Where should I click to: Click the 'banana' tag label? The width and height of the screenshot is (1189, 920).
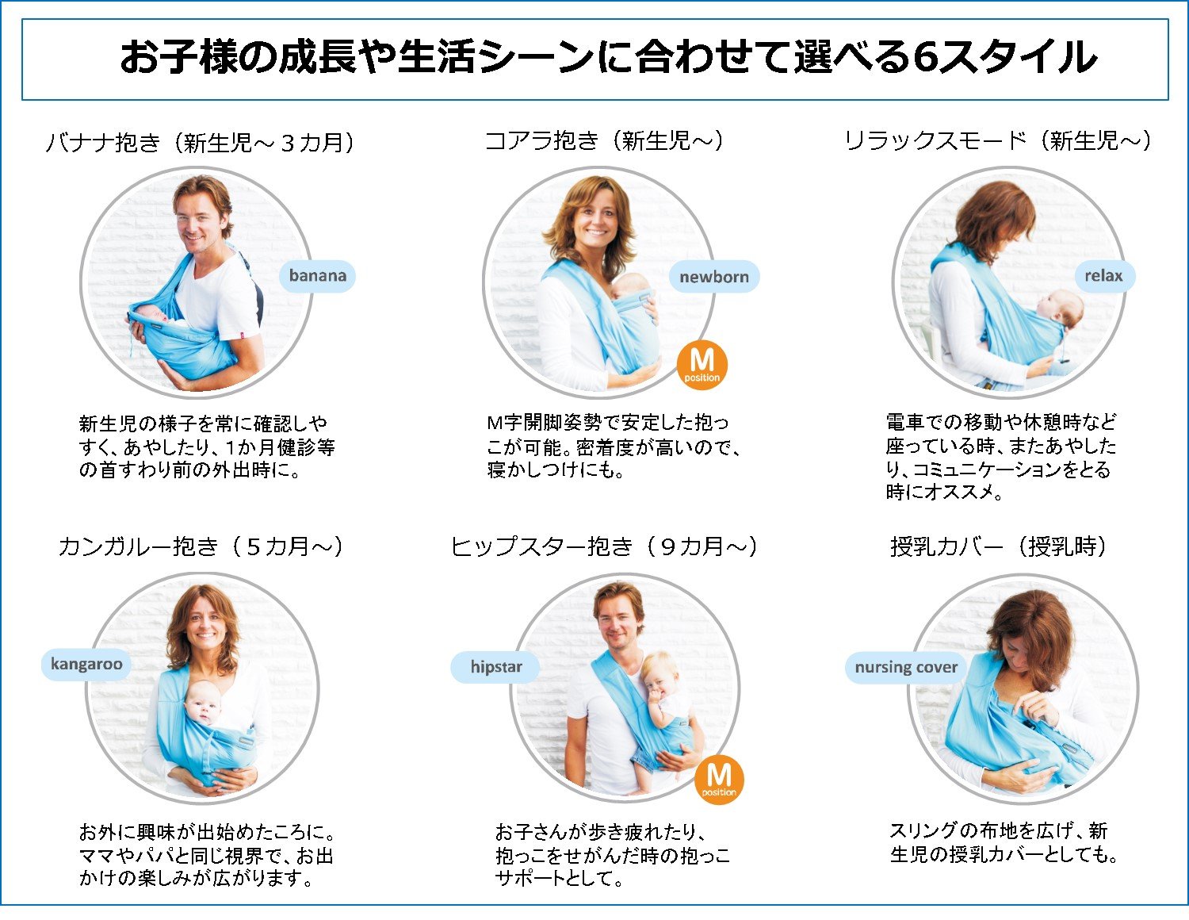pos(317,276)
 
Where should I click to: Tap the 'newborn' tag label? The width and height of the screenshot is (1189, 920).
pos(714,277)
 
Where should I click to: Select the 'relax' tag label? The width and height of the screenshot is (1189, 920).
pos(1103,276)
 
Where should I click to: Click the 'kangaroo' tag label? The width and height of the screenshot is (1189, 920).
pos(86,665)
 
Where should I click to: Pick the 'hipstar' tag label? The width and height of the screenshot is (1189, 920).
pos(495,666)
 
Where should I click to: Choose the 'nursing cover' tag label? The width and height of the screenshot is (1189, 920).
pos(906,667)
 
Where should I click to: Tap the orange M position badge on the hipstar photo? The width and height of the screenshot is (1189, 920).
pos(719,780)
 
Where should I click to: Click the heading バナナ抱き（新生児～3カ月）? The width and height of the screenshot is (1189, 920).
pos(201,143)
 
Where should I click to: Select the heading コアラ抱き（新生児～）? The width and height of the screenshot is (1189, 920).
pos(604,141)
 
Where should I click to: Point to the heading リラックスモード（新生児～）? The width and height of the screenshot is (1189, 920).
pos(998,141)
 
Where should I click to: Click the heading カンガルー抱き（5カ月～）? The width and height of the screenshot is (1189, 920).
pos(201,546)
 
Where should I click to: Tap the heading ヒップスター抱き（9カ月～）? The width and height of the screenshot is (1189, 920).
pos(603,546)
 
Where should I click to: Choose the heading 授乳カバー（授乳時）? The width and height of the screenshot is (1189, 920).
pos(999,546)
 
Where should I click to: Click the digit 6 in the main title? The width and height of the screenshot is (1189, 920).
pos(925,58)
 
